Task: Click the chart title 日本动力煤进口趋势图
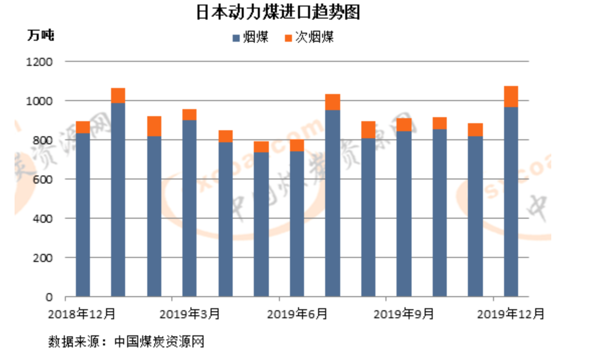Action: point(278,13)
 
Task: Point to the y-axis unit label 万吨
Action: point(40,36)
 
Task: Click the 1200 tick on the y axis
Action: point(42,62)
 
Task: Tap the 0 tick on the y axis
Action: point(49,297)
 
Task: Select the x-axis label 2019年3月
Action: point(189,314)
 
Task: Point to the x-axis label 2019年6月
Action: point(297,314)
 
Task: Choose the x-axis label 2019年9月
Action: point(404,314)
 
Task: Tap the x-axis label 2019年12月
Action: point(511,314)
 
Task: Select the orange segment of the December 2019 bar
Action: point(511,97)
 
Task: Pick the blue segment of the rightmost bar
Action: point(511,201)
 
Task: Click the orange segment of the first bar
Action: point(83,127)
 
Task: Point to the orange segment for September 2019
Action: point(404,125)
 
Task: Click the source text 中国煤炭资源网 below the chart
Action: point(159,342)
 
